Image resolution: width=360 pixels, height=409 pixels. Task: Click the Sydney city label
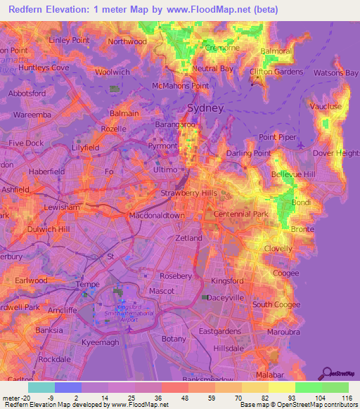point(205,108)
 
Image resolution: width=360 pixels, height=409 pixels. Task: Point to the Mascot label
point(162,290)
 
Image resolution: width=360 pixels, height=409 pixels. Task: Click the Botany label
point(173,338)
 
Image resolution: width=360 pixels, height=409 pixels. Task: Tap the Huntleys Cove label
point(43,67)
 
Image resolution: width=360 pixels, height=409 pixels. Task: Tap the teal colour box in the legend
point(41,387)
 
